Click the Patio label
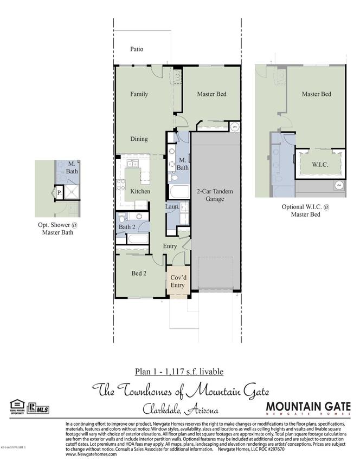137,49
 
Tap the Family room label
139,94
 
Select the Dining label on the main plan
139,139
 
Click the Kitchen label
140,192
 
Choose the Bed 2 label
139,274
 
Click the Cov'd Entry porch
177,281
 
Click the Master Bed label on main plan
211,94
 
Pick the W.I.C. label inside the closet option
319,164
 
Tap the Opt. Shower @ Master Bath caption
57,229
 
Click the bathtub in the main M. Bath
179,193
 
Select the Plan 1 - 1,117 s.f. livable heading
179,372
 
